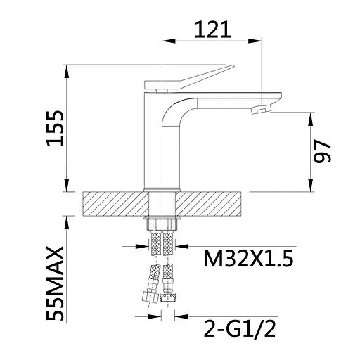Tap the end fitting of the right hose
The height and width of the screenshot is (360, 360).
[x=168, y=297]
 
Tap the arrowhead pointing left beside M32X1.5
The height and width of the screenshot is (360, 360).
[x=183, y=246]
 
